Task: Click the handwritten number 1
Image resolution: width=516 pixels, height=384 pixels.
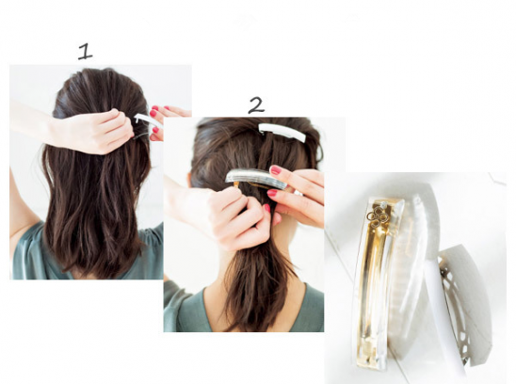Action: click(x=85, y=52)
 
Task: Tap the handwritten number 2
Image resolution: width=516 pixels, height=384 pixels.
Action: click(x=256, y=105)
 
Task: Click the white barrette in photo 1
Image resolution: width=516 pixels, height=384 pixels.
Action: click(x=149, y=120)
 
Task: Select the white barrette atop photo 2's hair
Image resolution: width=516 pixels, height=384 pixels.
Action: click(x=282, y=132)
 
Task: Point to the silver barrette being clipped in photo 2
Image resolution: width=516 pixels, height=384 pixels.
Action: click(x=256, y=179)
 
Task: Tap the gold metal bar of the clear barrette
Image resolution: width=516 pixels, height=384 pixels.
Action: click(x=374, y=280)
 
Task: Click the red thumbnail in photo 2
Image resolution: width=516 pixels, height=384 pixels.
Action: click(x=266, y=208)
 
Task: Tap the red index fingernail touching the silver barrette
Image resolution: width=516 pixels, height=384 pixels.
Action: click(x=276, y=169)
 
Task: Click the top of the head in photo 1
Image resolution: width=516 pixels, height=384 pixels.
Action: click(x=99, y=74)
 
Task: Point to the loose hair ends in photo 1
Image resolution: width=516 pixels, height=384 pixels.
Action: click(x=95, y=257)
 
